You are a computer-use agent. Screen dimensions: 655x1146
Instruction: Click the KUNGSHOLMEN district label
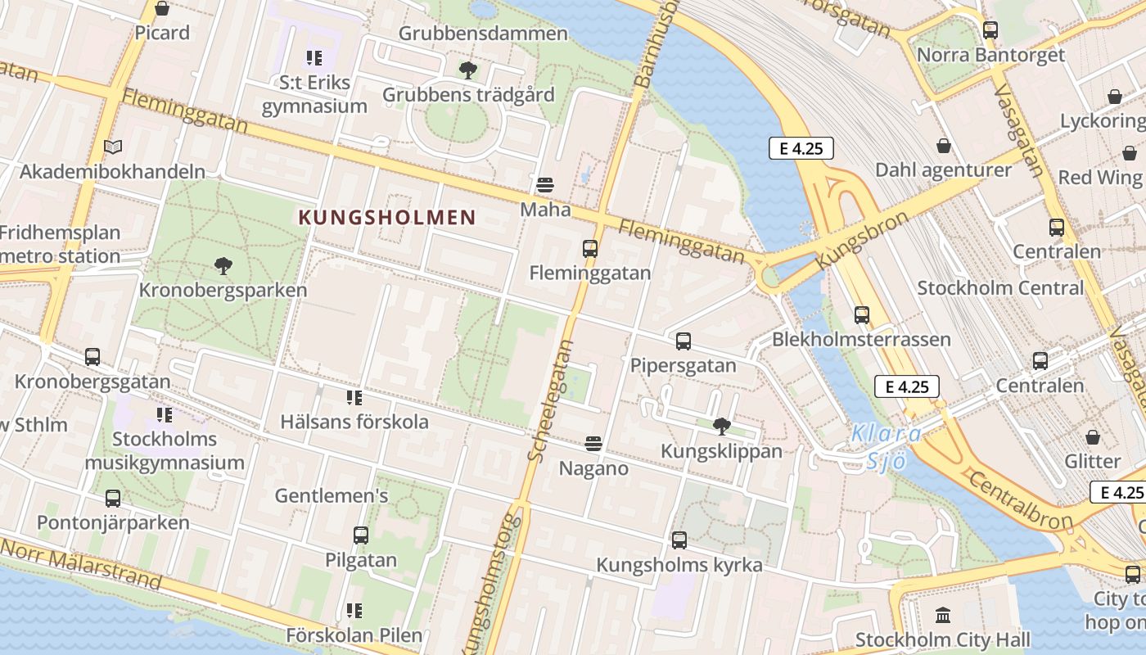coord(387,217)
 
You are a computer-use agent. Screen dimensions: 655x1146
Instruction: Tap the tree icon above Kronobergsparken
coord(222,266)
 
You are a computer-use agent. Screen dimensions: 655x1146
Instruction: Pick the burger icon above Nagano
coord(593,445)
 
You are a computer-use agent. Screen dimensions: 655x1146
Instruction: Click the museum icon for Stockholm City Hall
coord(942,615)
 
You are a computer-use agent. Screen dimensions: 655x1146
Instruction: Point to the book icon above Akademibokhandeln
coord(113,147)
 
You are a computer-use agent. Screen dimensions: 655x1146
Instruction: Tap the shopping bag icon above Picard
coord(162,9)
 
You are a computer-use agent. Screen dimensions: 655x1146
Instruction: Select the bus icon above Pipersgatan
coord(683,341)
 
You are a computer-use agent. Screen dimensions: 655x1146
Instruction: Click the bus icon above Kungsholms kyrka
coord(679,540)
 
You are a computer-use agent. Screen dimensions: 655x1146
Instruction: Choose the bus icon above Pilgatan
coord(360,535)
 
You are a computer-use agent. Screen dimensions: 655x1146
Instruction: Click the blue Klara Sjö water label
coord(887,447)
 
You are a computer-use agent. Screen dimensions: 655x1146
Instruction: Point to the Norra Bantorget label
coord(990,55)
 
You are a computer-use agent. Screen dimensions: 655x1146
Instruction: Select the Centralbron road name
coord(1020,499)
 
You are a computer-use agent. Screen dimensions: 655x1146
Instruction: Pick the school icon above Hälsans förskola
coord(354,398)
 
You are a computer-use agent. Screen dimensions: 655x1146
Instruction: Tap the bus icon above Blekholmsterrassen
coord(861,315)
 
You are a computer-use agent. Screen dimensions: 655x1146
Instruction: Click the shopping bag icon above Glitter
coord(1092,437)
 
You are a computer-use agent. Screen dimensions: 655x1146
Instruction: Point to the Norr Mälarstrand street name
coord(81,564)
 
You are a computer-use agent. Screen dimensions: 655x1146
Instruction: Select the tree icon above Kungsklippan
coord(721,426)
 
